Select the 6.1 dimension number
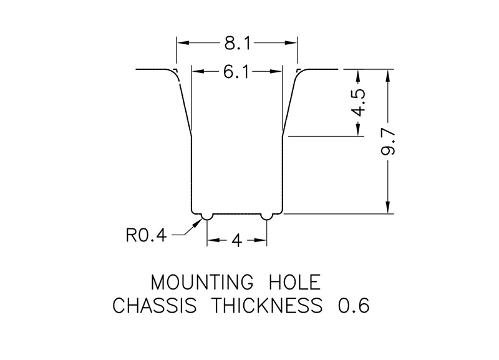(236, 72)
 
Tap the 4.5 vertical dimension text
(358, 102)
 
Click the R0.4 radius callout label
(146, 236)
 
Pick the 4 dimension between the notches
(236, 240)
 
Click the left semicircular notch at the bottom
(205, 216)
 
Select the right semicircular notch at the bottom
(267, 216)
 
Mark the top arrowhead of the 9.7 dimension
(388, 73)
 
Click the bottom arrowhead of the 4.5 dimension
(358, 131)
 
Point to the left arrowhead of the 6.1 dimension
(195, 72)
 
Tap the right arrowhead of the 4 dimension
(262, 240)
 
